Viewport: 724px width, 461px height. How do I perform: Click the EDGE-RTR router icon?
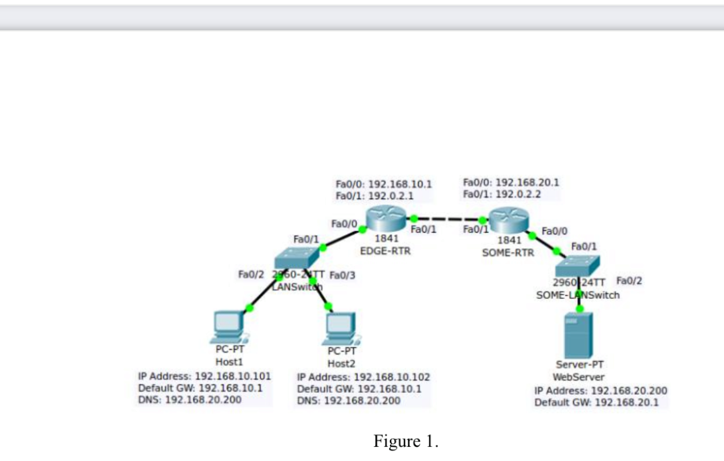click(x=386, y=218)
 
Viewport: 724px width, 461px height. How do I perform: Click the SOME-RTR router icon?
click(x=509, y=220)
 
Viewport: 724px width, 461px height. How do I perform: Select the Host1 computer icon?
click(x=230, y=327)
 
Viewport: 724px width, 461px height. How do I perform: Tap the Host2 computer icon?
click(x=341, y=329)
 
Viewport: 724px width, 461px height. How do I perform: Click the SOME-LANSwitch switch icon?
click(x=577, y=266)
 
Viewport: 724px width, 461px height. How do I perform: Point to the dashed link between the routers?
click(x=448, y=220)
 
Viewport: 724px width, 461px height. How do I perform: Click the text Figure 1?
click(x=406, y=441)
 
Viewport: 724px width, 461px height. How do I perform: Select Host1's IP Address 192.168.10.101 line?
click(x=205, y=376)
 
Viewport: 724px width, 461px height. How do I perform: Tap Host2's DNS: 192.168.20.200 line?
click(x=348, y=400)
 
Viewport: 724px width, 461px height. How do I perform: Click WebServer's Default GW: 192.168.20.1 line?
click(x=597, y=402)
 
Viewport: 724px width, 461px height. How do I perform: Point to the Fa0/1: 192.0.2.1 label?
click(x=374, y=196)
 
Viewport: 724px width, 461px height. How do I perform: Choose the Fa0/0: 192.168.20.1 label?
click(x=511, y=183)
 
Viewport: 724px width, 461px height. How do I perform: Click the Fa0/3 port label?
click(x=342, y=275)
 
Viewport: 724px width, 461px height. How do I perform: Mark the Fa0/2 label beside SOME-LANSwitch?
click(x=629, y=281)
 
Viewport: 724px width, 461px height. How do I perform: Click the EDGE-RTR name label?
click(x=385, y=251)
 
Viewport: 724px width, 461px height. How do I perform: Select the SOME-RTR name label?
click(x=508, y=252)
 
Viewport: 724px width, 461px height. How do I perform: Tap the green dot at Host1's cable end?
click(x=249, y=308)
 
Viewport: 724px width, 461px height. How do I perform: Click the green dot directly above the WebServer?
click(x=579, y=309)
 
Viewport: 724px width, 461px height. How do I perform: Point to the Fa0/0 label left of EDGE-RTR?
click(x=344, y=224)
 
